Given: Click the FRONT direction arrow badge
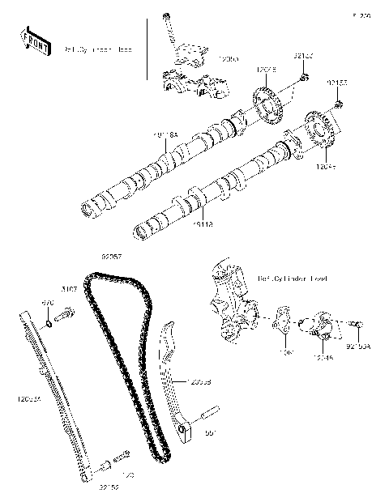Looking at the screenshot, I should (x=32, y=40).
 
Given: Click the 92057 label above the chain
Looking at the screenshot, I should (x=111, y=257).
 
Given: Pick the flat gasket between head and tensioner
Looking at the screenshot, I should (x=283, y=322).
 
